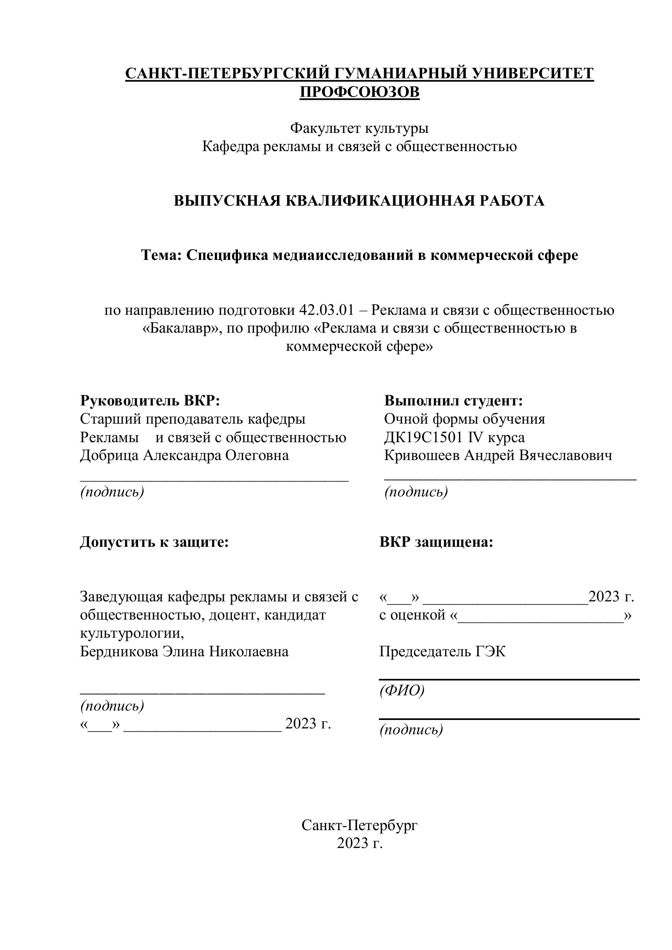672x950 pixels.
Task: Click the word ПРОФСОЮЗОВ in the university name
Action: (359, 92)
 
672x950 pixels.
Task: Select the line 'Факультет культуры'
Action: (359, 128)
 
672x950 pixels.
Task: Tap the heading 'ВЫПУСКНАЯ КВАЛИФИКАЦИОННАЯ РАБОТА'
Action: (359, 201)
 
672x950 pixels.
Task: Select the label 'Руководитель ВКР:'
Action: (150, 401)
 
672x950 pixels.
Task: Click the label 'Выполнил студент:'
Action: (454, 401)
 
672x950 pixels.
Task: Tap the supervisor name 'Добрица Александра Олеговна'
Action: (185, 455)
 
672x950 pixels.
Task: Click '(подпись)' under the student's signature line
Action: (416, 492)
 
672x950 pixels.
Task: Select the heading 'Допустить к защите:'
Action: (154, 542)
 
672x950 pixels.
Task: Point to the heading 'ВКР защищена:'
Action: (436, 542)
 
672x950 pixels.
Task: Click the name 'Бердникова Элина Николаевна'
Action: (184, 651)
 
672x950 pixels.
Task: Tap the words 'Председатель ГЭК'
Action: (442, 651)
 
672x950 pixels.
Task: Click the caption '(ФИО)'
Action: (402, 690)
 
